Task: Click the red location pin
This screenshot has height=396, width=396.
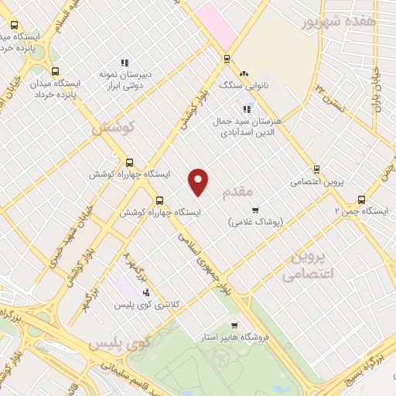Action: (200, 182)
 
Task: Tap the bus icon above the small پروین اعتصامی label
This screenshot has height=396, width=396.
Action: (316, 169)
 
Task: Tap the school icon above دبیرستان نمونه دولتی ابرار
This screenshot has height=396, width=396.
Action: (124, 63)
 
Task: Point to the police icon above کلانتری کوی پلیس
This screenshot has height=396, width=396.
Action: (146, 292)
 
